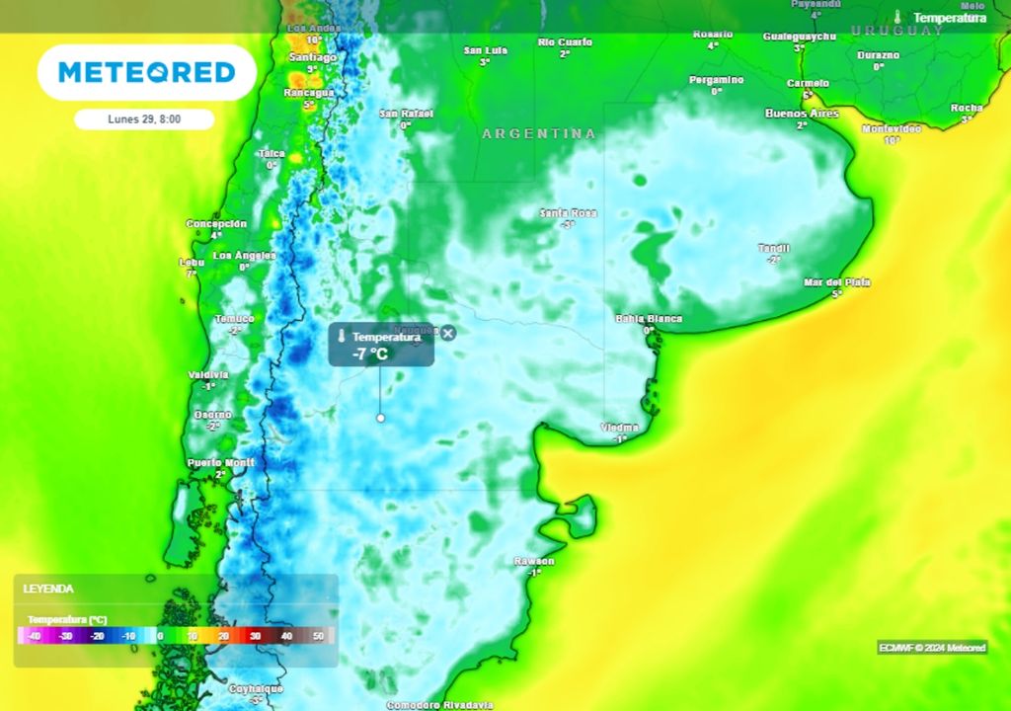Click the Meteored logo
[x=146, y=72]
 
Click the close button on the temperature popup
[x=448, y=334]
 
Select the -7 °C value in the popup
[x=371, y=354]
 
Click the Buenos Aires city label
[x=802, y=114]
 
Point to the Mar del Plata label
[x=837, y=282]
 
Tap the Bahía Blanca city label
[x=649, y=318]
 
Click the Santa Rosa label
[x=569, y=213]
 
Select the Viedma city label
[x=620, y=428]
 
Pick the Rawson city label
[x=534, y=561]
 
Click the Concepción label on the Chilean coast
[x=216, y=224]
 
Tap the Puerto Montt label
[x=221, y=462]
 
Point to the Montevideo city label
[x=891, y=129]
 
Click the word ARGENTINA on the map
[x=539, y=133]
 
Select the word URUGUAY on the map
[x=897, y=31]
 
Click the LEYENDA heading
[x=49, y=589]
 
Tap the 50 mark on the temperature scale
[x=318, y=637]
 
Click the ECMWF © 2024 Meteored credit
[x=932, y=648]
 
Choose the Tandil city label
[x=773, y=248]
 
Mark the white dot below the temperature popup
[x=380, y=418]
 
